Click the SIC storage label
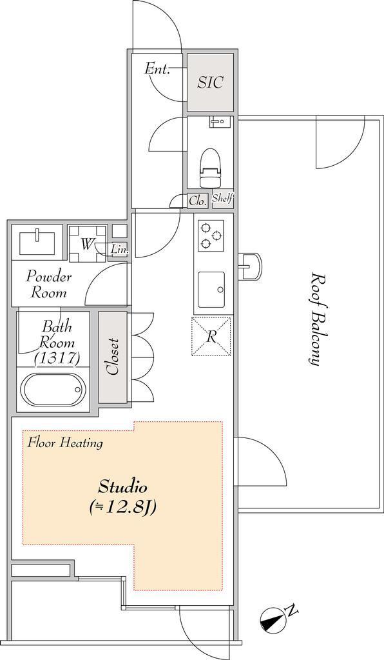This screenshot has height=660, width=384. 210,82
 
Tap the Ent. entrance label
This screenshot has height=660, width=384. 158,68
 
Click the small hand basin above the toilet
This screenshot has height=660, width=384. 218,122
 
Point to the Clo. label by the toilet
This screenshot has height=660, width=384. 197,201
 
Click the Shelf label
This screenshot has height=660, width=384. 223,198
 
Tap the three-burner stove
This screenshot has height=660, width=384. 211,235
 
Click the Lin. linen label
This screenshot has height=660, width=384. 119,250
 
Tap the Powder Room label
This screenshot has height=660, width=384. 49,285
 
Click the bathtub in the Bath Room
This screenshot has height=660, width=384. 53,390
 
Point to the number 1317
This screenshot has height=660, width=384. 57,358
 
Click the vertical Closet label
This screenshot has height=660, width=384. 113,356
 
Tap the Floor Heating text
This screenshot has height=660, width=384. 65,443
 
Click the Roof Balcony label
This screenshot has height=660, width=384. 318,319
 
